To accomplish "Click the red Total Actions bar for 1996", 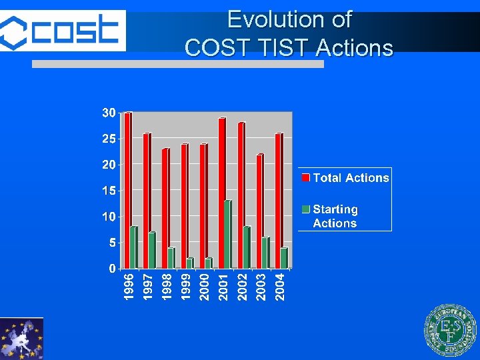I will click(x=127, y=190).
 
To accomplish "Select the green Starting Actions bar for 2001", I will click(x=227, y=234).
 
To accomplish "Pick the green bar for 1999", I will click(x=190, y=263).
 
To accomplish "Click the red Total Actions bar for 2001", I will click(x=221, y=193).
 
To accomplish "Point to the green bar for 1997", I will click(x=152, y=250).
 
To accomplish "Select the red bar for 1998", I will click(x=165, y=208).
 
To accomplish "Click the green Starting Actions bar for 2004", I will click(x=284, y=258).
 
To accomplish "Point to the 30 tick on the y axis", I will click(x=109, y=113).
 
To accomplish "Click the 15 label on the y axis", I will click(x=109, y=191).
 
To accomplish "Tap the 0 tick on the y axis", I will click(x=112, y=269).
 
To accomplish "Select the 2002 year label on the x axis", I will click(x=243, y=285).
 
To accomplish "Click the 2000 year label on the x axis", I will click(x=205, y=285).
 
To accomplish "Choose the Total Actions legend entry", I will click(x=345, y=178).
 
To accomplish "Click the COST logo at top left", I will click(x=63, y=31).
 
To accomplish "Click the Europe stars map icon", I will click(x=21, y=339).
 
